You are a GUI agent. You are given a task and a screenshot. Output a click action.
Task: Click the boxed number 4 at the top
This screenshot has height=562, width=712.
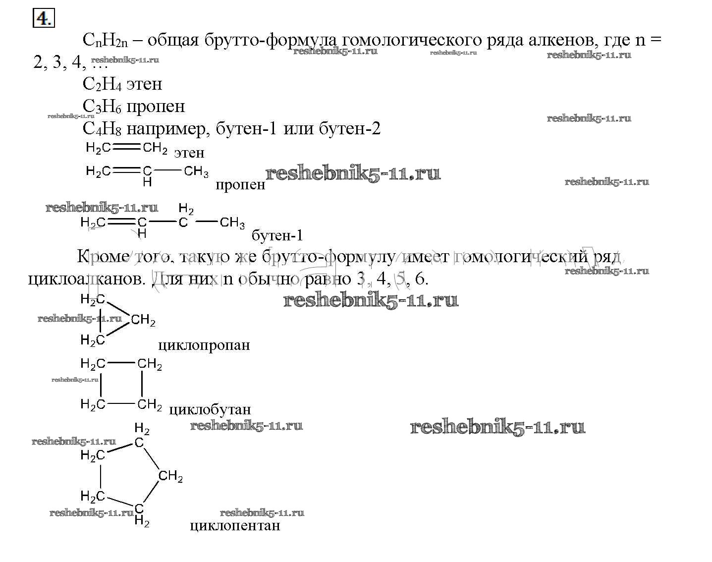(43, 18)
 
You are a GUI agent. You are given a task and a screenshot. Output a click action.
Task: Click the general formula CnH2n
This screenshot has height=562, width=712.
(105, 40)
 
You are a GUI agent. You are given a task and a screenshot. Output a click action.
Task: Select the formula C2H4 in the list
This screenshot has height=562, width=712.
(102, 84)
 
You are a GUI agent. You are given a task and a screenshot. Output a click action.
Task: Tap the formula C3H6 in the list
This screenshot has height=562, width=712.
(102, 107)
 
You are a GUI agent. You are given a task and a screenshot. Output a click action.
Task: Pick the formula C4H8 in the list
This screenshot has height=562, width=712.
(102, 129)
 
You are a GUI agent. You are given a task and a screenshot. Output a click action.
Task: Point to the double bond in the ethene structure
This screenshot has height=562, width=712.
(126, 147)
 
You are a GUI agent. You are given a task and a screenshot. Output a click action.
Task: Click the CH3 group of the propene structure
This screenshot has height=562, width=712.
(196, 171)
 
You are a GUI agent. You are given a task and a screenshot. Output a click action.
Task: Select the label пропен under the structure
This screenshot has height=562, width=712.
(240, 185)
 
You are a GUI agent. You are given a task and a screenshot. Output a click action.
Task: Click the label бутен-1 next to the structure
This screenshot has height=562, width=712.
(277, 235)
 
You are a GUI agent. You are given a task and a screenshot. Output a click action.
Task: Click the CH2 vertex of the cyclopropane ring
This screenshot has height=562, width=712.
(143, 320)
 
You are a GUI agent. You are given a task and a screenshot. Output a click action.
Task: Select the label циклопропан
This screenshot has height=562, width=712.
(204, 345)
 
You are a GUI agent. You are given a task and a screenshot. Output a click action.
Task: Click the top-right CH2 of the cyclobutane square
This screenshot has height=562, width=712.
(150, 364)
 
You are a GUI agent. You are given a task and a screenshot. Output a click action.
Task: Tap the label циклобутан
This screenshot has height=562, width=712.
(210, 410)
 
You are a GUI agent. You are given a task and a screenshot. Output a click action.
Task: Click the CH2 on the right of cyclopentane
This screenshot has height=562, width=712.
(170, 477)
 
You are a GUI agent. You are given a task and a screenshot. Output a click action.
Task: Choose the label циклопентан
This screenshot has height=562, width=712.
(235, 525)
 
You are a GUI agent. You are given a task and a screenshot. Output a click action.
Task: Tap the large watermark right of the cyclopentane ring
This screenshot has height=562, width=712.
(497, 427)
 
